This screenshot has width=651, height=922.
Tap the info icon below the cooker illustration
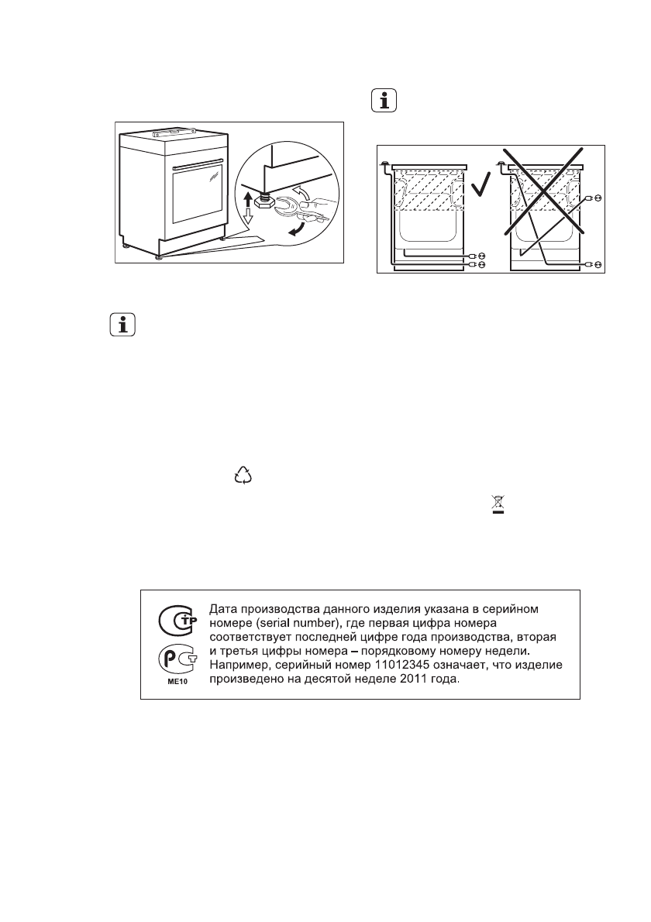(121, 325)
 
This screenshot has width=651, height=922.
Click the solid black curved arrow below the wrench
(295, 229)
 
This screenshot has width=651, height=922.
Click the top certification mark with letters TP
(177, 621)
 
